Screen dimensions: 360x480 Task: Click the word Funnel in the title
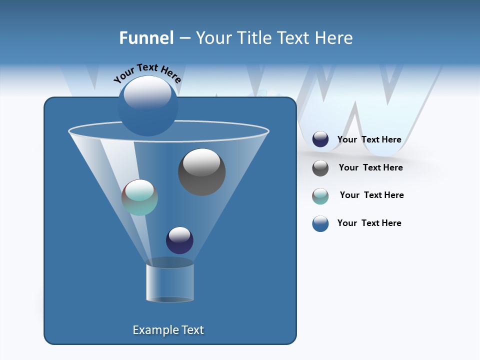(x=146, y=38)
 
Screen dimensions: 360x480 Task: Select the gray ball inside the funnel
(x=202, y=172)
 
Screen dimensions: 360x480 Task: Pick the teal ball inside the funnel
(x=139, y=197)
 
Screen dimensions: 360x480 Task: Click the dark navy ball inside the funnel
(x=179, y=240)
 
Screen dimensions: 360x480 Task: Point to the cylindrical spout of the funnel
(x=170, y=282)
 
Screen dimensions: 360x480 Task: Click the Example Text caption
(x=168, y=330)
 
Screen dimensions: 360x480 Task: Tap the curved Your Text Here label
(x=147, y=73)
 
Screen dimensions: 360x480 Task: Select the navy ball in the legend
(x=320, y=139)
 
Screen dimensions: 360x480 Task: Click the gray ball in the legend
(x=320, y=168)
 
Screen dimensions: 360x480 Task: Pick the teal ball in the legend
(x=320, y=196)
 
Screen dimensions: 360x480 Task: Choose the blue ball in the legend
(x=320, y=223)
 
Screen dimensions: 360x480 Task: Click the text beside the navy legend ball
(x=369, y=140)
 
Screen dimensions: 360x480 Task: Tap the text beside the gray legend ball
(x=370, y=168)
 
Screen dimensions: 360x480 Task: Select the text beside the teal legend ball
(x=371, y=195)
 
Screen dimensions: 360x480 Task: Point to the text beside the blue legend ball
(x=369, y=223)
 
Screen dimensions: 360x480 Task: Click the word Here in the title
(x=334, y=38)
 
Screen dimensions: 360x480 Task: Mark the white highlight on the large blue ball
(x=147, y=93)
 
